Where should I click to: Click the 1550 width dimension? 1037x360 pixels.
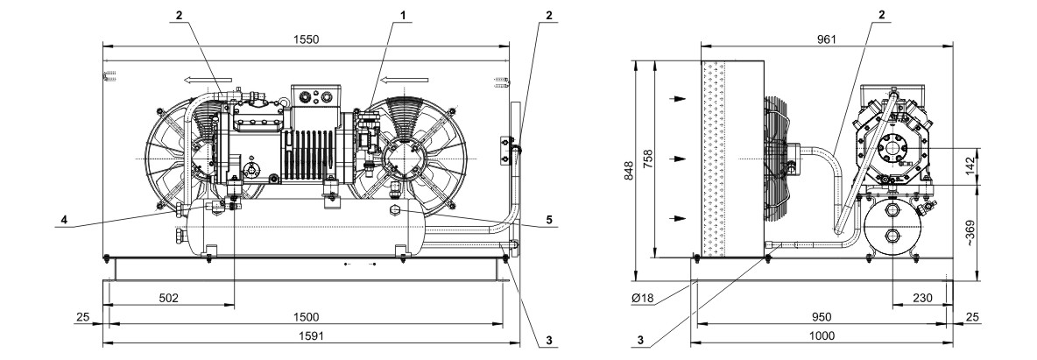tap(306, 39)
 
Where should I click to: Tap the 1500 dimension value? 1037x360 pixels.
tap(306, 317)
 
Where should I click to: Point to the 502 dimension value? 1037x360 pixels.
tap(169, 299)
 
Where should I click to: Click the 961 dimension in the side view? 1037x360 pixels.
tap(826, 39)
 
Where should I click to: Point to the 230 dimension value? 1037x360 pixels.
tap(922, 299)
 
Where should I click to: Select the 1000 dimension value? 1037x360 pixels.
tap(822, 336)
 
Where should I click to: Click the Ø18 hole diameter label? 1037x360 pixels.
tap(642, 299)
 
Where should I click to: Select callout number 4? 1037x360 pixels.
tap(63, 221)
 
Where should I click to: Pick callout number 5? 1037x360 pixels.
tap(549, 221)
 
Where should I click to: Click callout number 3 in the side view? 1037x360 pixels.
tap(640, 340)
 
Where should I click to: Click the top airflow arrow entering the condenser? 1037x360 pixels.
tap(679, 99)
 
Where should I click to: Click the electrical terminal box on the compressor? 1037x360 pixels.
tap(315, 96)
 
